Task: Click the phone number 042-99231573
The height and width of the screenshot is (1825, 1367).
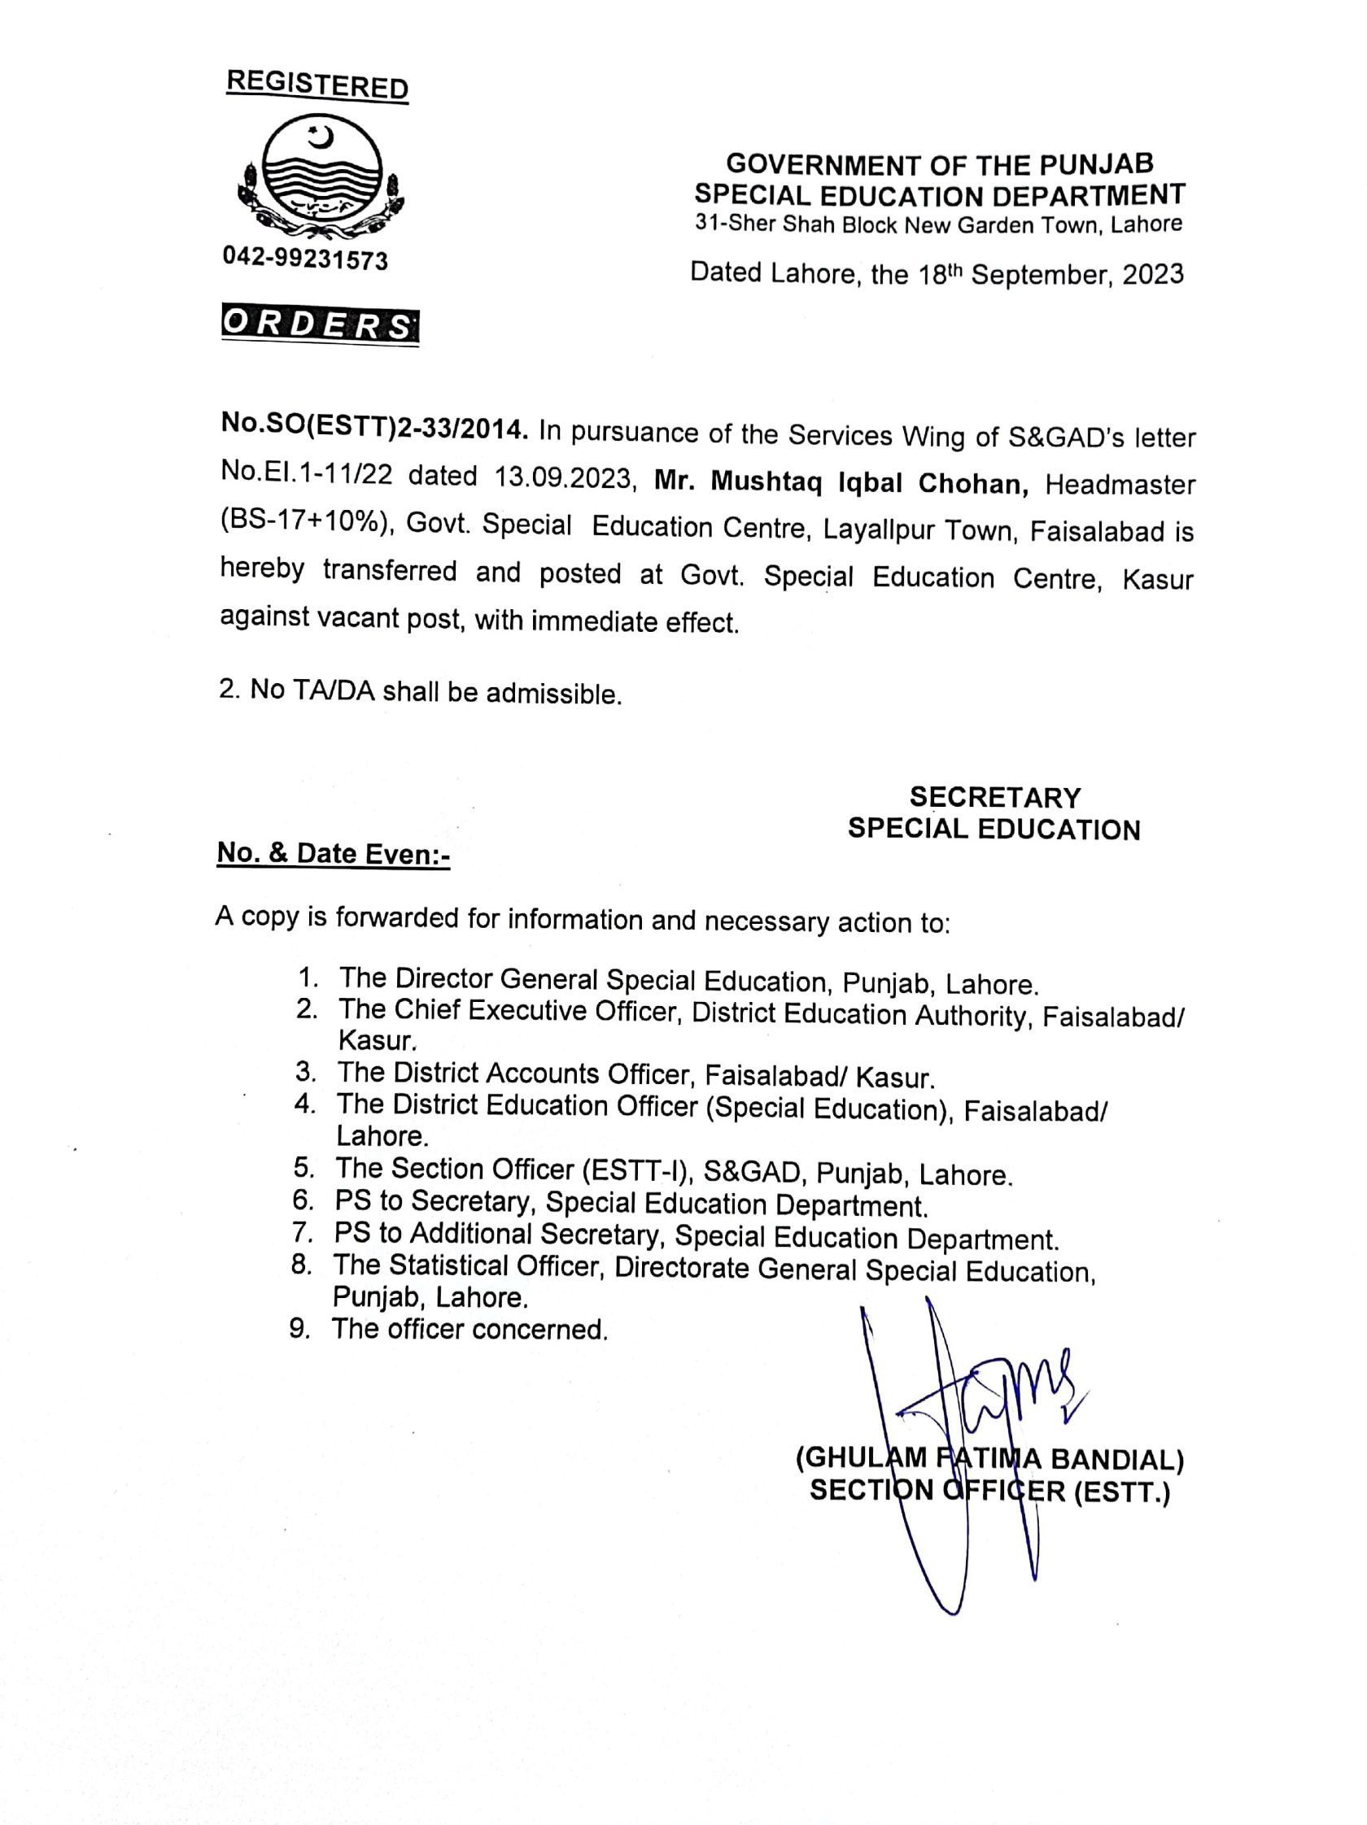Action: point(304,260)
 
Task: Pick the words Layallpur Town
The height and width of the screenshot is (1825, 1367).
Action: point(908,530)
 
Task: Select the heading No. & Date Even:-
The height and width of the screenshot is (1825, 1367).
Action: point(333,853)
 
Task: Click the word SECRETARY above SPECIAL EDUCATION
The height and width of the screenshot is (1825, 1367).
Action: point(994,797)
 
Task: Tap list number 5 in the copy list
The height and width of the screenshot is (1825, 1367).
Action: point(302,1167)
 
